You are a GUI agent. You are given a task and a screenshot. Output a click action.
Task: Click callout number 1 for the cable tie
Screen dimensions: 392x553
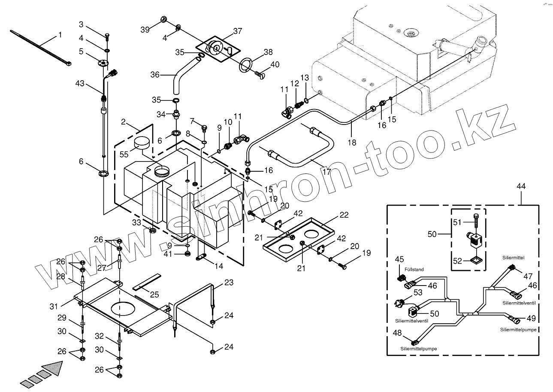click(x=60, y=35)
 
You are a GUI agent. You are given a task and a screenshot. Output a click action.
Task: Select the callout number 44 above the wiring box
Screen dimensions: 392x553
click(x=521, y=187)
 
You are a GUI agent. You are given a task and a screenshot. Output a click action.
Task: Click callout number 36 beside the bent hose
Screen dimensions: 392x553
click(x=154, y=74)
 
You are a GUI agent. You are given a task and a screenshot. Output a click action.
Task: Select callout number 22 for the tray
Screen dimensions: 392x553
click(x=344, y=215)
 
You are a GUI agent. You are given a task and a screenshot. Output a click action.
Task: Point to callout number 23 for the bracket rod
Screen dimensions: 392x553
click(x=229, y=283)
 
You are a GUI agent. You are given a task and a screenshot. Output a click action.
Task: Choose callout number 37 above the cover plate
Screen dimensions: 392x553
click(x=238, y=31)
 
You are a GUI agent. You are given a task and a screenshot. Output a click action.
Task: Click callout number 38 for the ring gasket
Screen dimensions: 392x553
click(x=268, y=52)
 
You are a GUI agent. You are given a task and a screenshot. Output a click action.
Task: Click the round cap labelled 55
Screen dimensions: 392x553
click(x=143, y=143)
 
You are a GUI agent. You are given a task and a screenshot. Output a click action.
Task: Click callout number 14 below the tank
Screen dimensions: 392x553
click(x=219, y=266)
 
